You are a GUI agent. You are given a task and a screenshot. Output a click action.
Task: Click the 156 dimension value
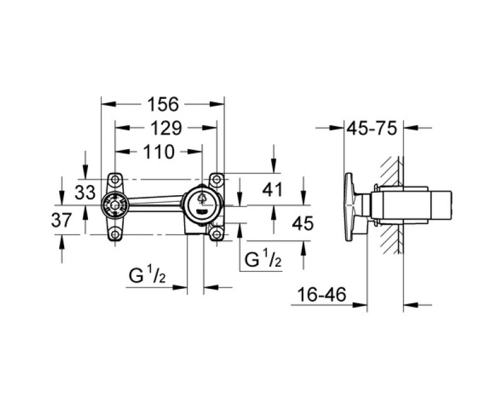coord(163,104)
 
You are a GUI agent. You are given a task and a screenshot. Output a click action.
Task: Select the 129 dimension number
coord(166,128)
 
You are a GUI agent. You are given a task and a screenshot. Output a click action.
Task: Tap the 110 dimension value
coord(159,152)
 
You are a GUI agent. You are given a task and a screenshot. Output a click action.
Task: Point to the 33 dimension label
coord(86,193)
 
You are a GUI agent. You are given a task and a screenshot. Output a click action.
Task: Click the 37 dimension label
coord(62,221)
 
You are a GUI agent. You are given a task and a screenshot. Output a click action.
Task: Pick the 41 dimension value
coord(272,189)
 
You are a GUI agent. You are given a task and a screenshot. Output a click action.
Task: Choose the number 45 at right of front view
coord(303,223)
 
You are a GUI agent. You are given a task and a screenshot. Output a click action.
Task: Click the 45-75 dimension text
coord(372,128)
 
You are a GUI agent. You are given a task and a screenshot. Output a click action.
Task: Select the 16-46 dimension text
coord(322,294)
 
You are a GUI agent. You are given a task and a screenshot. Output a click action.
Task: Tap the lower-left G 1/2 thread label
coord(147,276)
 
